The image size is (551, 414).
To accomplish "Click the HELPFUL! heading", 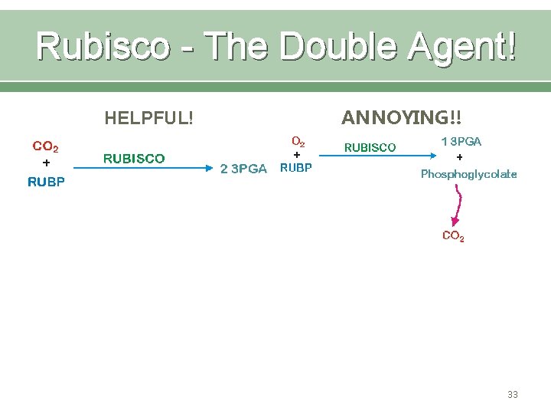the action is click(148, 118).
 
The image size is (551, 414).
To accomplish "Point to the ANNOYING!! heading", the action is click(402, 117).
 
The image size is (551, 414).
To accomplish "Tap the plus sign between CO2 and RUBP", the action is click(46, 163).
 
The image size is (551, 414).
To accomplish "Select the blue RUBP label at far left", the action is click(46, 182).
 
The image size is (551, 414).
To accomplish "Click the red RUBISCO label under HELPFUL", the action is click(134, 159).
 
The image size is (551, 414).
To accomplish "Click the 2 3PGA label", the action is click(243, 169).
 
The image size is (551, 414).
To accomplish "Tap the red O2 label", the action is click(298, 142).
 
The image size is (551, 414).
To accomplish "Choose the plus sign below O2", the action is click(297, 154).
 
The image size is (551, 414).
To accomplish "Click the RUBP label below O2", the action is click(296, 168).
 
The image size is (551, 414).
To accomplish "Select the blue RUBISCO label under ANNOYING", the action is click(370, 147).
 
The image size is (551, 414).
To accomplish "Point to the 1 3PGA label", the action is click(461, 142).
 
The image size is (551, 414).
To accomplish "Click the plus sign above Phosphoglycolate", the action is click(459, 157).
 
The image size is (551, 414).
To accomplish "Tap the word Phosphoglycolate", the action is click(468, 174).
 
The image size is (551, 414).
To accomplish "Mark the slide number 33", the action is click(512, 394).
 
